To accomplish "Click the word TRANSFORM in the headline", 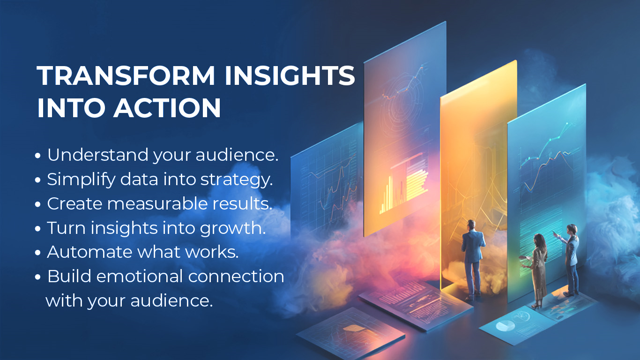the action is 126,75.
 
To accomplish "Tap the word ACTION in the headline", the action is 167,108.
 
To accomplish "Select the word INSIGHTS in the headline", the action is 290,75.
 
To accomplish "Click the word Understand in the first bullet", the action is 98,154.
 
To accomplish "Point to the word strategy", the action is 236,180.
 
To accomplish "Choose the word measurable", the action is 157,203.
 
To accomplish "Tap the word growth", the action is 232,228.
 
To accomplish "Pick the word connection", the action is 236,277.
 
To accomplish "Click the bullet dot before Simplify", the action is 37,180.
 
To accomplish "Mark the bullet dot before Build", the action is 37,277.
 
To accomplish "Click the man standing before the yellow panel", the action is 473,259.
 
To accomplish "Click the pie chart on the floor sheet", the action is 505,325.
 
